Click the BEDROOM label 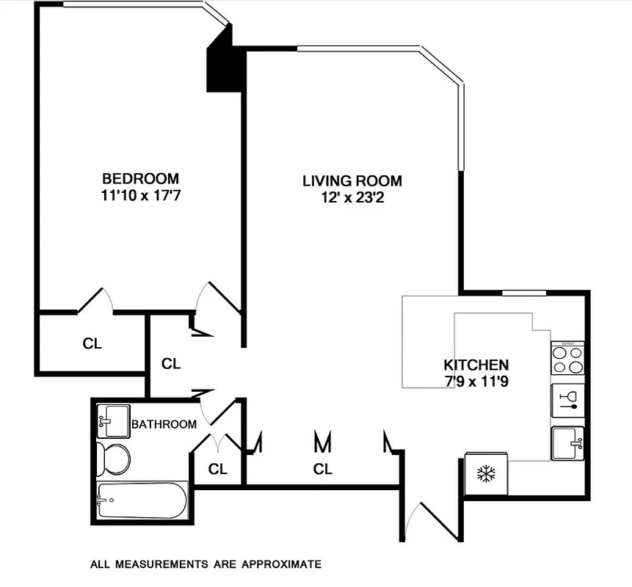140,178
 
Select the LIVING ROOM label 352,181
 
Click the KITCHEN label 476,365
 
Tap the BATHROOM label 164,424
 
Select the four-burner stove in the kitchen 567,360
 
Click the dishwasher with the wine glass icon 568,400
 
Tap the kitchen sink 567,442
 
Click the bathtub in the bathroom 142,500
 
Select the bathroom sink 112,420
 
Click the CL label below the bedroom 92,343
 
